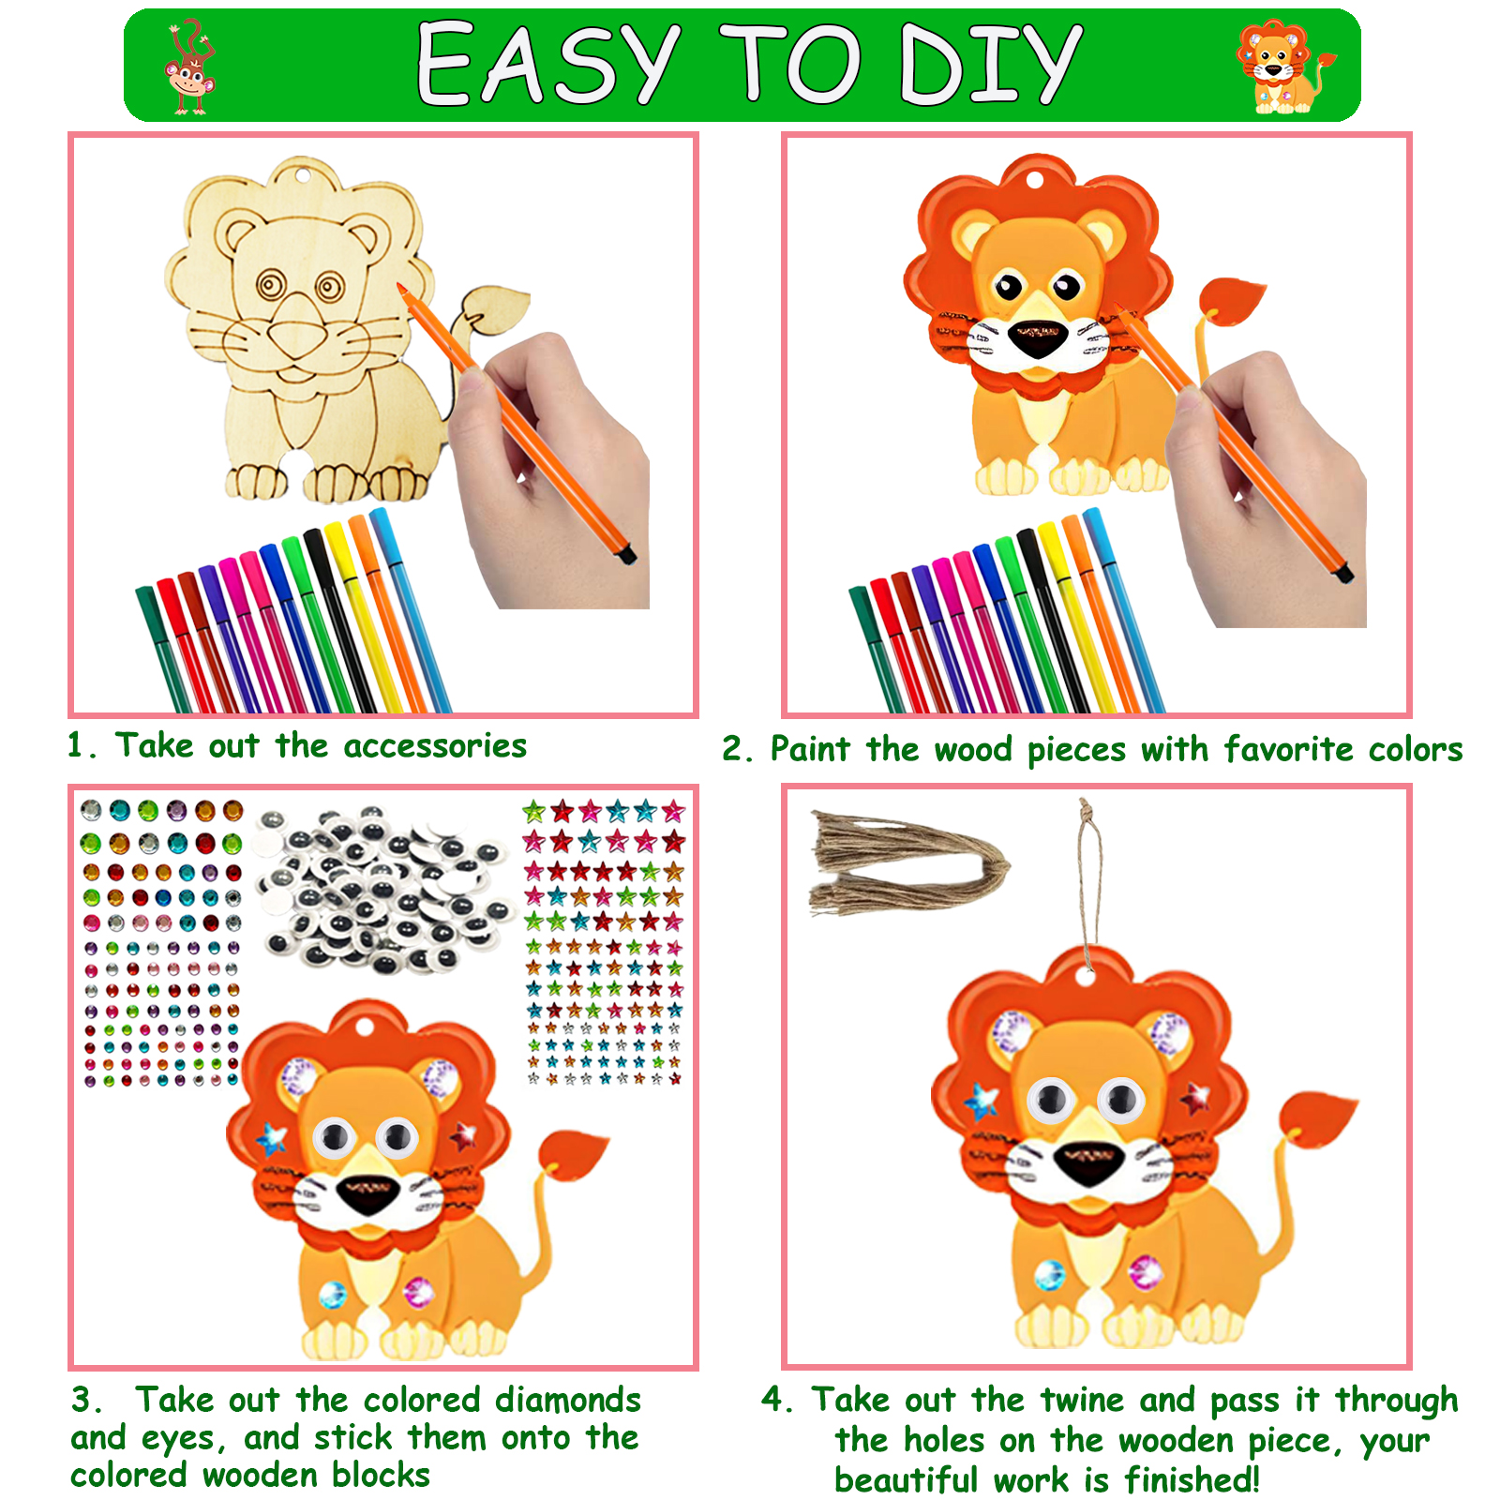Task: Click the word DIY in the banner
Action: pos(990,64)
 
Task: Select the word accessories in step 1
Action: pos(435,746)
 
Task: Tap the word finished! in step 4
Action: pos(1192,1480)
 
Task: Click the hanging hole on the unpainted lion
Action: pos(300,174)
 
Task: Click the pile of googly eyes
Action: pos(384,887)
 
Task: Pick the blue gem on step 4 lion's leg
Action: pos(1050,1274)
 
